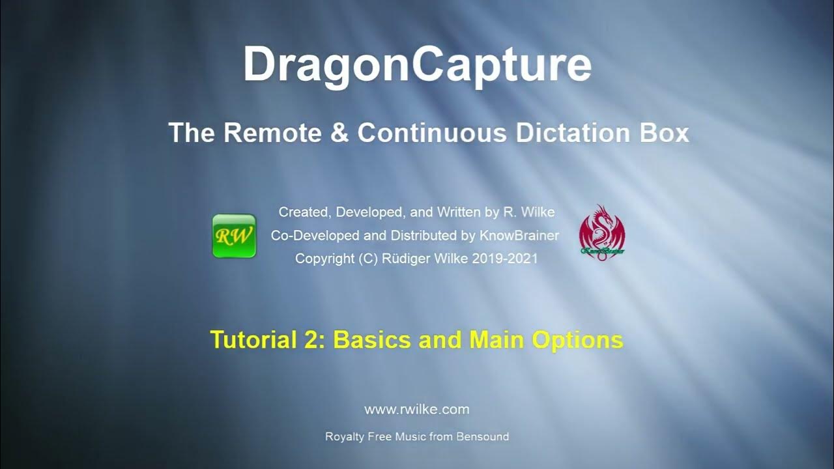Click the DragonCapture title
click(x=417, y=64)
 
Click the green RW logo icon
click(x=234, y=236)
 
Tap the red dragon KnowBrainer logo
click(x=602, y=233)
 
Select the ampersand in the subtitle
click(x=338, y=133)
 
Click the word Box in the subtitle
click(x=664, y=133)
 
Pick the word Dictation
click(x=573, y=133)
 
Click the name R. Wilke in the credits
click(x=528, y=212)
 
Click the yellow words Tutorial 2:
click(x=268, y=340)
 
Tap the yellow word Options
click(x=577, y=340)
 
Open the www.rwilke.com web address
click(x=417, y=410)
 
